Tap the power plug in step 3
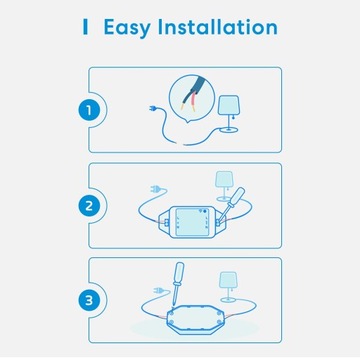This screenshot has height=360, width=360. pos(154,292)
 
